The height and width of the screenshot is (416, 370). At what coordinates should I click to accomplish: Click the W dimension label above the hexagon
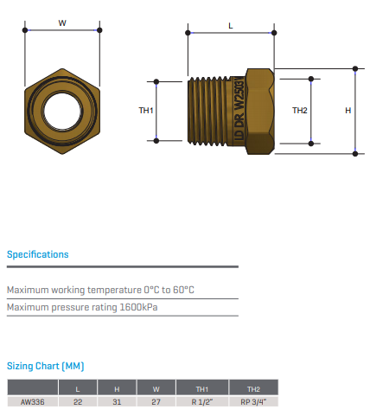pyautogui.click(x=62, y=23)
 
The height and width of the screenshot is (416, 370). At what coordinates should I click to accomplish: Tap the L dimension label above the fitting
pyautogui.click(x=231, y=26)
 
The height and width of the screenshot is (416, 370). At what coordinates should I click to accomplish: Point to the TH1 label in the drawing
pyautogui.click(x=146, y=111)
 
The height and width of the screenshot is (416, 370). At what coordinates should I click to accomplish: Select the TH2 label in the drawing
pyautogui.click(x=300, y=111)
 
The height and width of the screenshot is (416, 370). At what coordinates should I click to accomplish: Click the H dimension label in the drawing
pyautogui.click(x=348, y=111)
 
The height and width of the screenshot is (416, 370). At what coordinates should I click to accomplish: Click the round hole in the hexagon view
pyautogui.click(x=62, y=111)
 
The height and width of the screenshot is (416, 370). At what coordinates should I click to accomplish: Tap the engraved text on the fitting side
pyautogui.click(x=239, y=109)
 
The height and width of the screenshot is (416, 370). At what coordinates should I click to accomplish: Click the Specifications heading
pyautogui.click(x=38, y=254)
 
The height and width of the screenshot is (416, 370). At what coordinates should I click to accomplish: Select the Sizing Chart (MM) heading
pyautogui.click(x=46, y=366)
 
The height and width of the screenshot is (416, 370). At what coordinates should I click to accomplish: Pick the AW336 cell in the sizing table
pyautogui.click(x=33, y=402)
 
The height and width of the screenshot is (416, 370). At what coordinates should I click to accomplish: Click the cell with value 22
pyautogui.click(x=78, y=402)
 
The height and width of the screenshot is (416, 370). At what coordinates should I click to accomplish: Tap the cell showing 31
pyautogui.click(x=117, y=402)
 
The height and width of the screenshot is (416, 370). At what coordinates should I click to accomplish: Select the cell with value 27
pyautogui.click(x=156, y=402)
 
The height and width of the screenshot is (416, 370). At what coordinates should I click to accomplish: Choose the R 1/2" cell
pyautogui.click(x=202, y=402)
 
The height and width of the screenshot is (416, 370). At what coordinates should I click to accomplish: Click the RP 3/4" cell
pyautogui.click(x=253, y=402)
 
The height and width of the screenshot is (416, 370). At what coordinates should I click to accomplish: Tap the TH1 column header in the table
pyautogui.click(x=202, y=389)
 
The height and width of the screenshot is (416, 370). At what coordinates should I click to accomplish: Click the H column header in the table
pyautogui.click(x=117, y=389)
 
